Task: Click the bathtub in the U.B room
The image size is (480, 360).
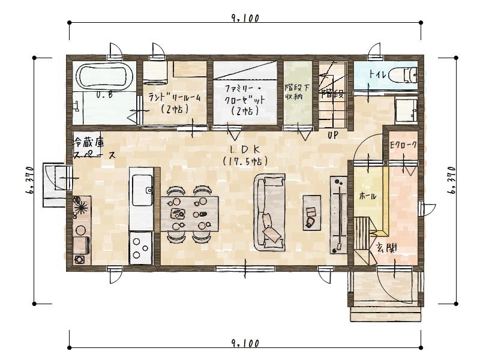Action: (x=104, y=76)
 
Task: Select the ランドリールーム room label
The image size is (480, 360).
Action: (x=175, y=98)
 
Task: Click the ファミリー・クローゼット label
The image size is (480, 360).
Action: (x=245, y=94)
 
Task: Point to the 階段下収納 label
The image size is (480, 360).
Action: (x=297, y=92)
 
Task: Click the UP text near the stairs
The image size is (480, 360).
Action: (x=333, y=135)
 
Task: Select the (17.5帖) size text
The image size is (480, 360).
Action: (x=245, y=161)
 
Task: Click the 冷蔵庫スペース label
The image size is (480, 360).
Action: (x=95, y=149)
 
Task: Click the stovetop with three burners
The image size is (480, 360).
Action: (x=141, y=248)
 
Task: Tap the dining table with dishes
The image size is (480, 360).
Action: (x=190, y=214)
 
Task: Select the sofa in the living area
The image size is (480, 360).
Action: (x=269, y=212)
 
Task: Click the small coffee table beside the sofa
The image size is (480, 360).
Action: (x=312, y=212)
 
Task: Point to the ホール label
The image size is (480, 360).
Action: (x=367, y=196)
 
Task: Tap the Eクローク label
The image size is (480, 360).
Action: (x=403, y=145)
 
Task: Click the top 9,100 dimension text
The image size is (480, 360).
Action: (x=245, y=19)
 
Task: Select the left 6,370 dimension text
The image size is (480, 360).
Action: (x=30, y=181)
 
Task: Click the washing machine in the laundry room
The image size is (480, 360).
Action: (x=155, y=73)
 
